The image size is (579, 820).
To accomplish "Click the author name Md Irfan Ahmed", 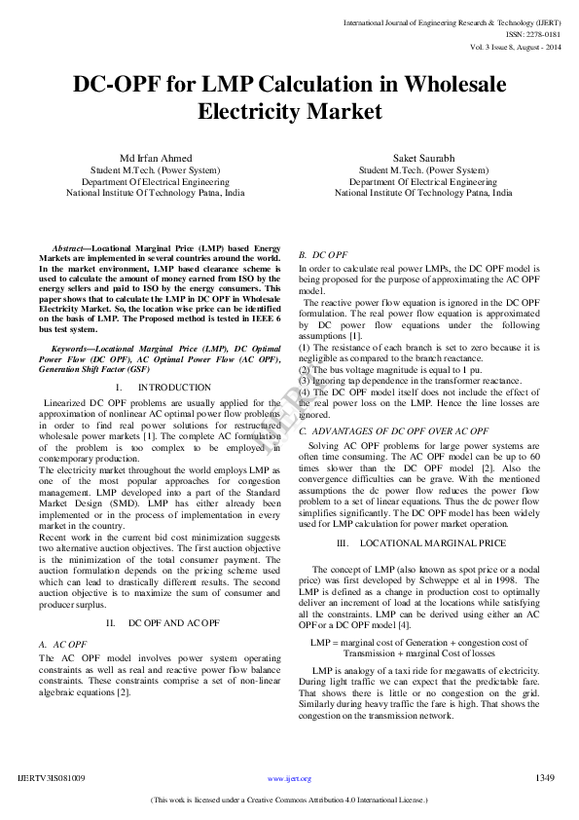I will [156, 158].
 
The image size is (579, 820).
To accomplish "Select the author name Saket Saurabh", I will [423, 158].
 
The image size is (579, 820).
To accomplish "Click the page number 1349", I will [545, 777].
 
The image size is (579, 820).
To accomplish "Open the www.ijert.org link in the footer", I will [289, 779].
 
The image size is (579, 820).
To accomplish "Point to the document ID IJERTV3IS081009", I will [52, 778].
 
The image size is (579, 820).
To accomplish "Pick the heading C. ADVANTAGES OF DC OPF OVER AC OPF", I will [393, 429].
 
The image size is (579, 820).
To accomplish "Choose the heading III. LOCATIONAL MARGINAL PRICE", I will [420, 541].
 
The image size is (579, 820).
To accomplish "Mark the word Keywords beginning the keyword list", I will [73, 348].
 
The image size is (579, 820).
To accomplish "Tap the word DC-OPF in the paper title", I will [117, 85].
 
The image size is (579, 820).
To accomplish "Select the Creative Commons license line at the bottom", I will [289, 801].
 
